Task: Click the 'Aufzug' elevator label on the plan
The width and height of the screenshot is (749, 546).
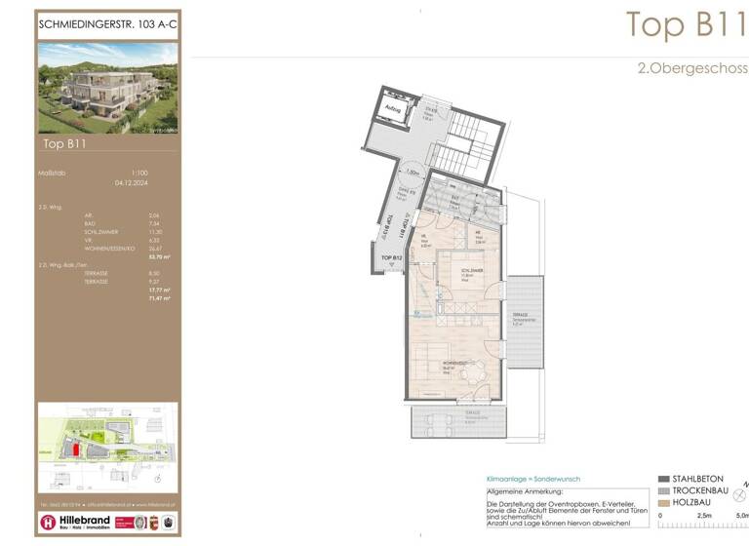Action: pos(394,109)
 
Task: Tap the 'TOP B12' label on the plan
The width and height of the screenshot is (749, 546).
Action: pos(392,258)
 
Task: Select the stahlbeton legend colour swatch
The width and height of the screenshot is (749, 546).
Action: pos(663,480)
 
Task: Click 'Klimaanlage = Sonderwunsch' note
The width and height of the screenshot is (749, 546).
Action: pos(532,480)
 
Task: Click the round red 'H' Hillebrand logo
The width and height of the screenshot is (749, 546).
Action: pos(48,523)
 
